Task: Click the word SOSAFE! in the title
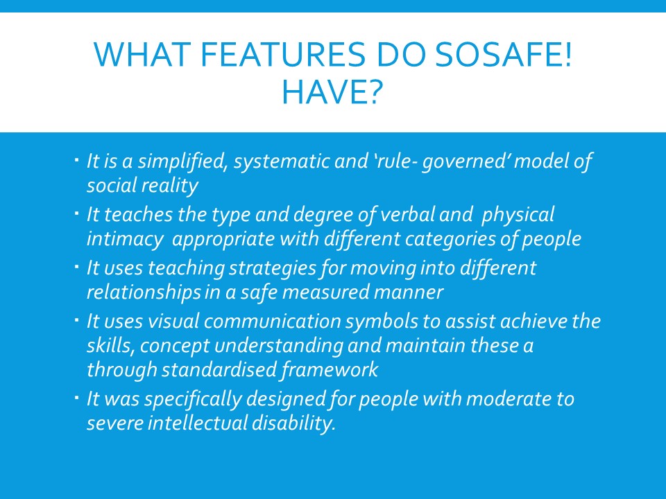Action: point(504,55)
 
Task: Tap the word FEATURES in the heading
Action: point(282,55)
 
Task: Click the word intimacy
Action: point(125,239)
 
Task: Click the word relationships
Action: point(144,292)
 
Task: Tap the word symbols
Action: point(382,322)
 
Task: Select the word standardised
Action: point(219,369)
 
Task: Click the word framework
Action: point(329,369)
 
